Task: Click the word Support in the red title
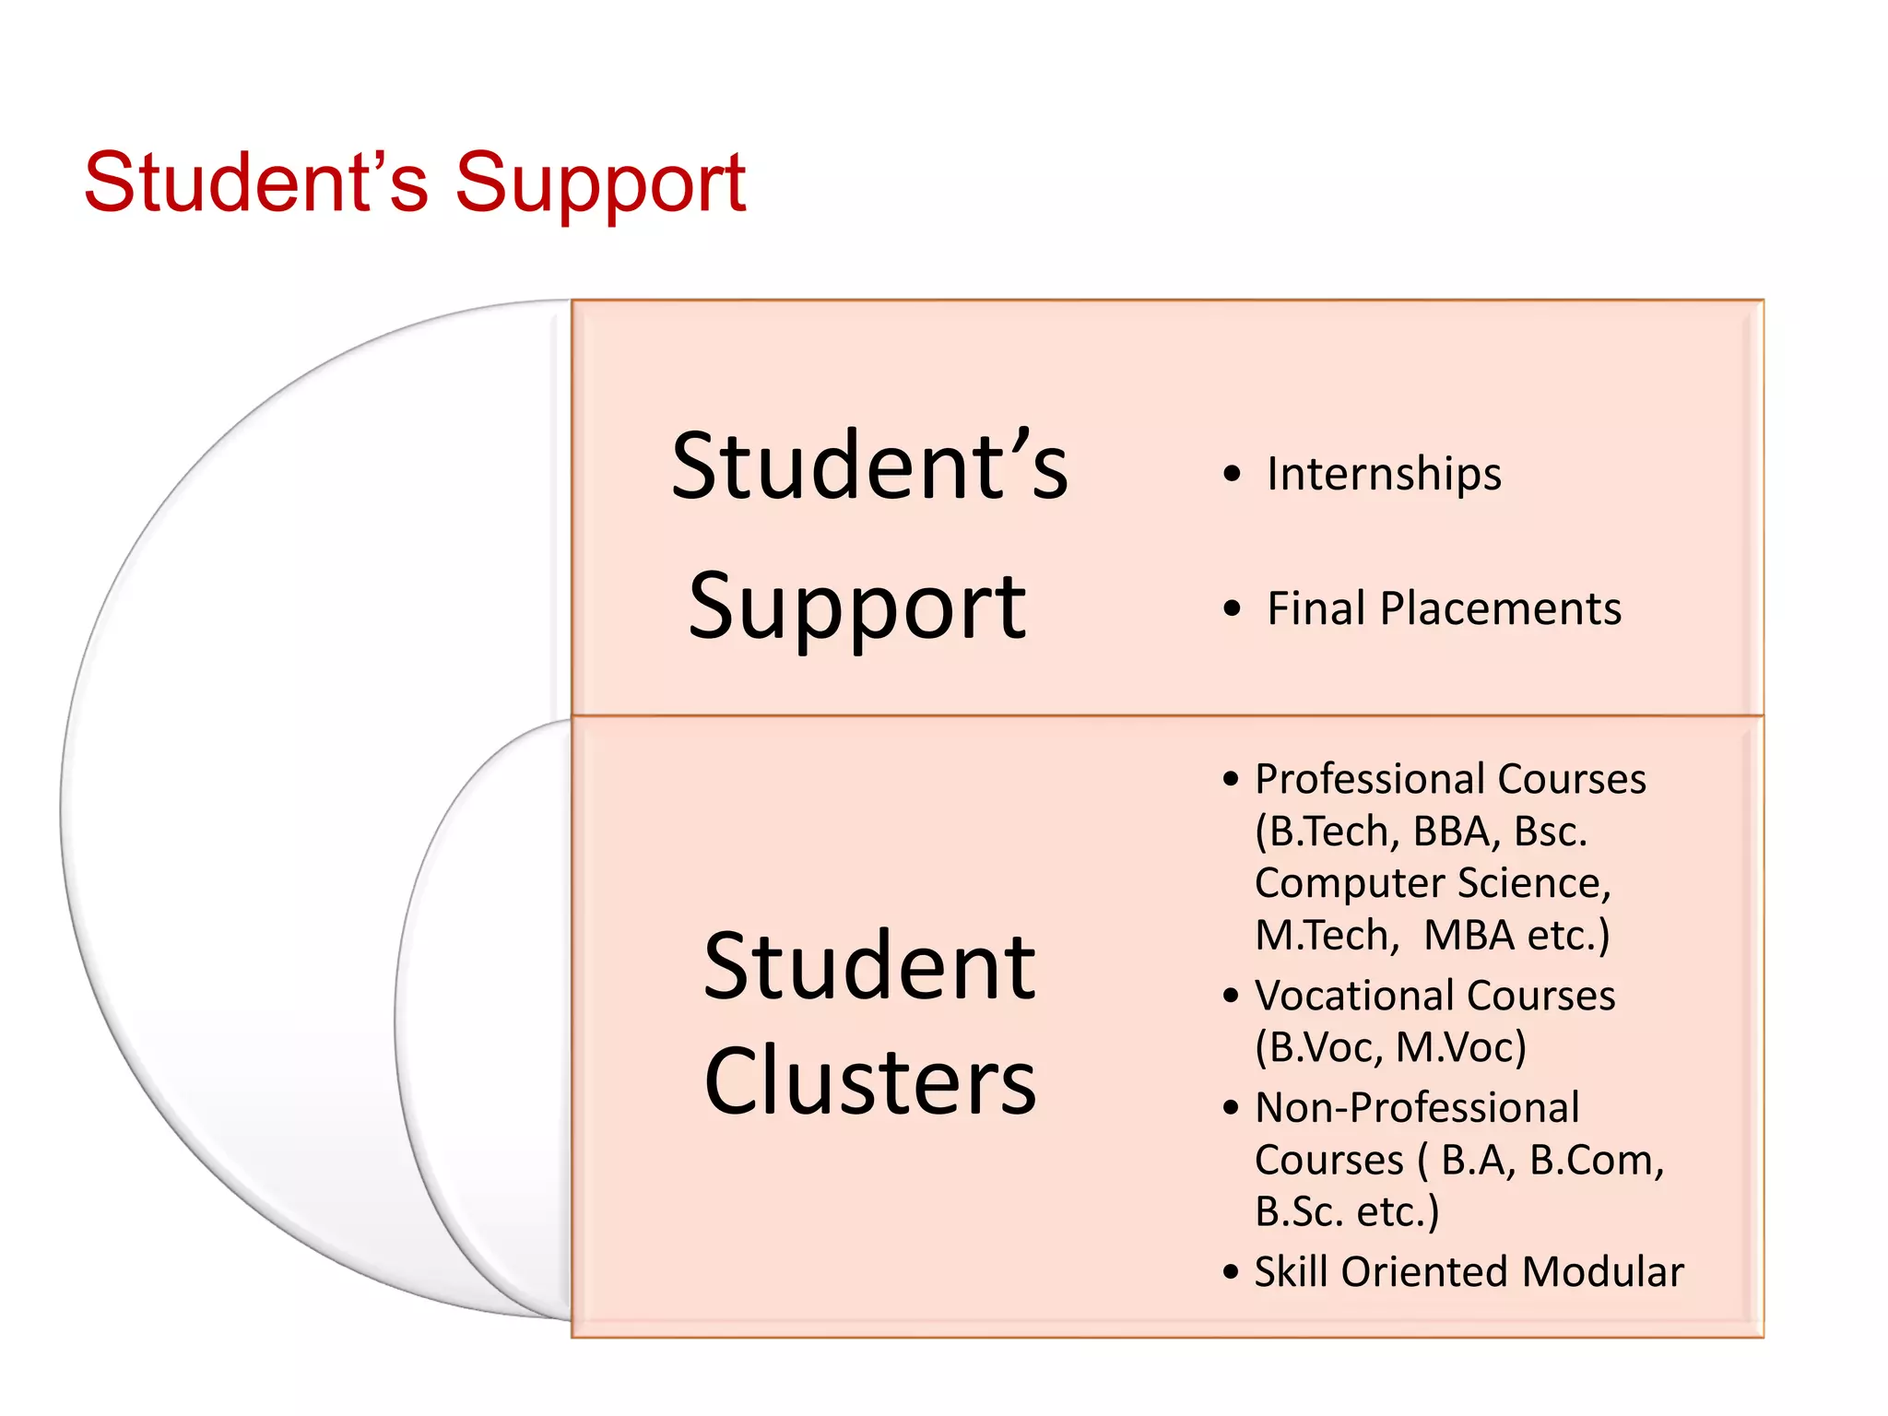pyautogui.click(x=600, y=184)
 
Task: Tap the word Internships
pyautogui.click(x=1384, y=474)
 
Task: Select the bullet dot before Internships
pyautogui.click(x=1232, y=475)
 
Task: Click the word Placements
pyautogui.click(x=1500, y=608)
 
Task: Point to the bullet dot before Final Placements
pyautogui.click(x=1232, y=609)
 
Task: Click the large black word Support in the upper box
pyautogui.click(x=856, y=607)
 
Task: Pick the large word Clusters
pyautogui.click(x=869, y=1081)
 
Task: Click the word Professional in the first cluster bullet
pyautogui.click(x=1370, y=779)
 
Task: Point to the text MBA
pyautogui.click(x=1470, y=935)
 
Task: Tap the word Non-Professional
pyautogui.click(x=1417, y=1107)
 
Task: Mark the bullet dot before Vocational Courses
pyautogui.click(x=1231, y=997)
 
